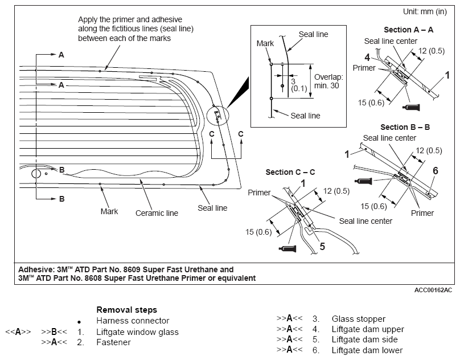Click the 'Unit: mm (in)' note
[x=425, y=12]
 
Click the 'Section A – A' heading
[x=408, y=30]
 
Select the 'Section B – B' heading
[x=405, y=127]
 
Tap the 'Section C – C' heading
[x=290, y=172]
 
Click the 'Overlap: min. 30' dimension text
[x=328, y=81]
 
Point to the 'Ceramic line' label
[x=157, y=213]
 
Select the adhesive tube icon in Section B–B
[x=363, y=181]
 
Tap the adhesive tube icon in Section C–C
[x=287, y=249]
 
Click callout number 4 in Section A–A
[x=367, y=58]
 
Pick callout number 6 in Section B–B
[x=436, y=171]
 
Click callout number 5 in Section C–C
[x=322, y=247]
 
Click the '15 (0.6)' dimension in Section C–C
[x=258, y=232]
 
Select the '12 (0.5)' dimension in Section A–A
[x=432, y=51]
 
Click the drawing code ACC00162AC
[x=433, y=290]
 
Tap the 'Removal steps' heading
[x=127, y=310]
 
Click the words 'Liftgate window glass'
[x=137, y=332]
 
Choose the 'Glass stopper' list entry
[x=359, y=319]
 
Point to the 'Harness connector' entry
[x=133, y=321]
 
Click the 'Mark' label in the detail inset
[x=265, y=43]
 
